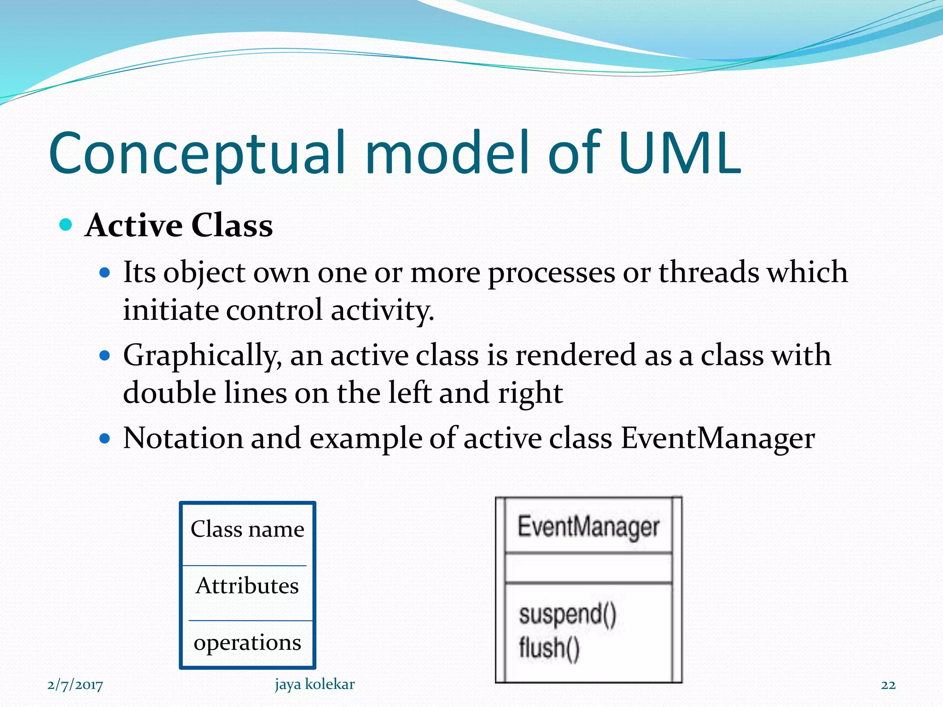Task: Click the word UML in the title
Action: (x=680, y=153)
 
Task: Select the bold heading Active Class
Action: (x=179, y=226)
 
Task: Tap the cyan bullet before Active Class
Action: (x=66, y=225)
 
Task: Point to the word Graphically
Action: (x=202, y=356)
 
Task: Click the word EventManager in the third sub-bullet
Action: (x=717, y=438)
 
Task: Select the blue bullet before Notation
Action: (x=105, y=438)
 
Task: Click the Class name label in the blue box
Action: (x=247, y=529)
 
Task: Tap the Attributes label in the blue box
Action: (x=247, y=585)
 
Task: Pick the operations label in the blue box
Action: (x=247, y=642)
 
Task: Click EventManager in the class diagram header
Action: (x=588, y=527)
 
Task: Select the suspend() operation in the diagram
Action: (x=567, y=614)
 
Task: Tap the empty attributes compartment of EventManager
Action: (x=588, y=568)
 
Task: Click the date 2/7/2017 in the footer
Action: (x=75, y=685)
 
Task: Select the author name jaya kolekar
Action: (x=314, y=684)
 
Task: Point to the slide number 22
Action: (x=888, y=685)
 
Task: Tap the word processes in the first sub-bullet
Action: (x=551, y=273)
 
